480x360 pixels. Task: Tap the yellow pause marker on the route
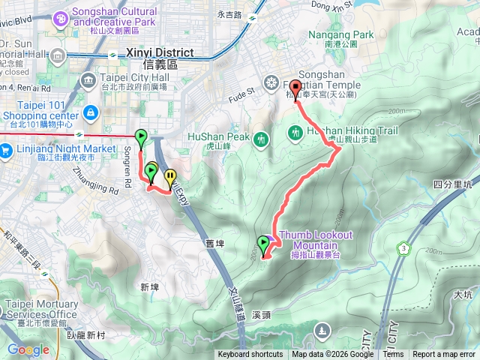click(171, 178)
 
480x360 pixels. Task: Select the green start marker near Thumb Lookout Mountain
click(263, 244)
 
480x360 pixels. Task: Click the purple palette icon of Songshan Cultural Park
click(59, 13)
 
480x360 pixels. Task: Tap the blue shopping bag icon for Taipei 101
click(90, 112)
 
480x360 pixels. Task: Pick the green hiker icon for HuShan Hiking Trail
click(295, 133)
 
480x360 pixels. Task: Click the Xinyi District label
click(160, 54)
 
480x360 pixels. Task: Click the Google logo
click(28, 349)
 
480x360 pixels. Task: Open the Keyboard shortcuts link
click(250, 355)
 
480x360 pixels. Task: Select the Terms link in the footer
click(393, 355)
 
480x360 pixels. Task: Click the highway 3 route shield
click(404, 247)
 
